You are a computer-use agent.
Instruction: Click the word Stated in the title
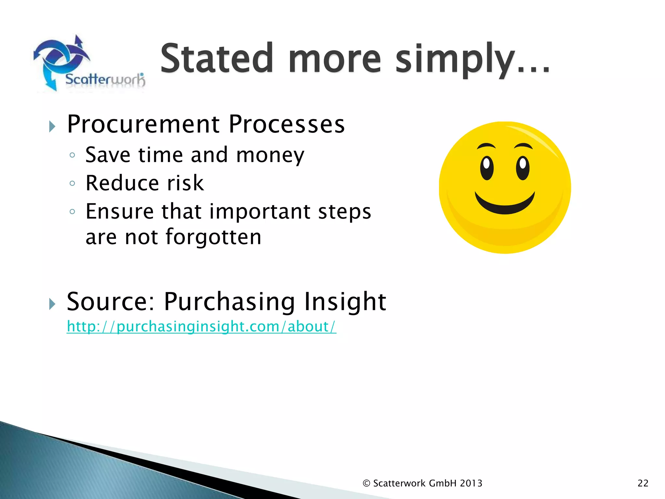[217, 58]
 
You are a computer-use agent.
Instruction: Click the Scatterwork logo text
[105, 80]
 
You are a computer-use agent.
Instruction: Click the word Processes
[286, 124]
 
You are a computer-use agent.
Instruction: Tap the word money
[270, 155]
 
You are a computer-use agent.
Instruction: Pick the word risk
[185, 183]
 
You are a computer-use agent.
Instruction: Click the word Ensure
[119, 211]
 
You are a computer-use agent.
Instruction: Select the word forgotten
[213, 237]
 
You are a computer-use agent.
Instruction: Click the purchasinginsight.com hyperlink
[201, 326]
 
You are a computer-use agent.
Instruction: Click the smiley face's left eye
[486, 168]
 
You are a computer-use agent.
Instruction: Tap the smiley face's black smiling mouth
[505, 205]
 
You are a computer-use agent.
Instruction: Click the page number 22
[643, 483]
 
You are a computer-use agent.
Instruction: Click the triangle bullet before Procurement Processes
[52, 126]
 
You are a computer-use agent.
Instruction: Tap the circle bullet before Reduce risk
[72, 184]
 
